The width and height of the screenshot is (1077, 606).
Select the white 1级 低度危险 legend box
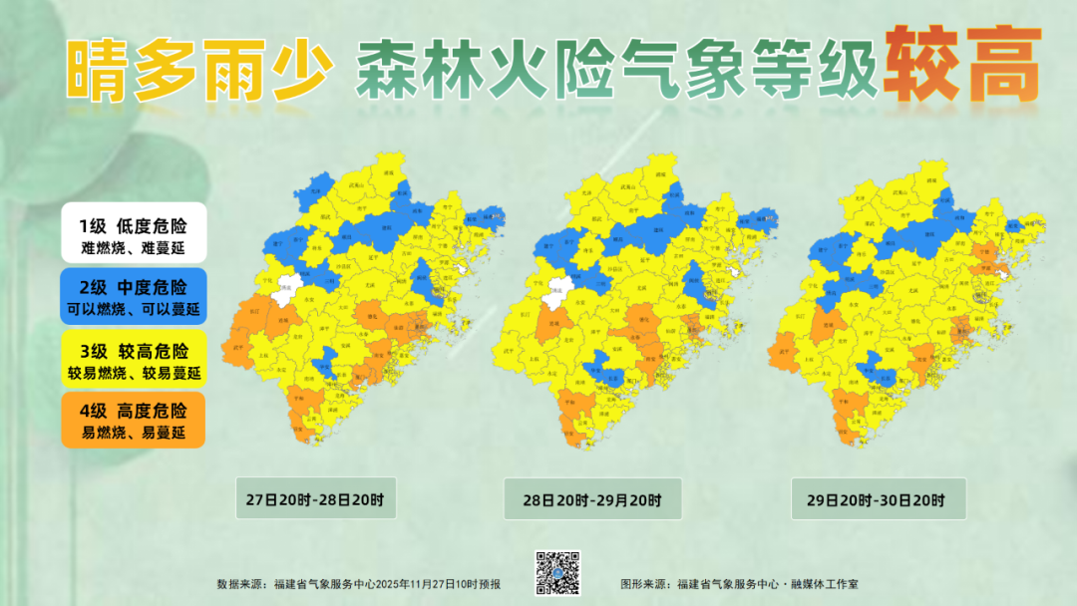click(x=133, y=231)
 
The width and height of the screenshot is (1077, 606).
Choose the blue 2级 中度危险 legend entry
click(x=133, y=295)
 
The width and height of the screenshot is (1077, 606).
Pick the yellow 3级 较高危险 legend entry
click(x=133, y=359)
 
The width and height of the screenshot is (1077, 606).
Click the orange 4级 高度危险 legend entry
click(x=133, y=420)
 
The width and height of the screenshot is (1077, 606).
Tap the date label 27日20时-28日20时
click(x=315, y=498)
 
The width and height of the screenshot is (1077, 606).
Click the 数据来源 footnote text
click(x=359, y=584)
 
